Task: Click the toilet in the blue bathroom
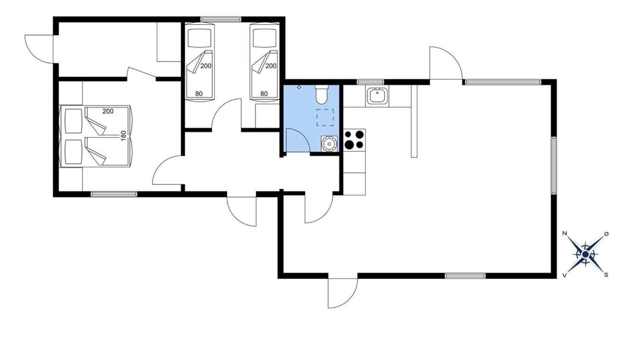pyautogui.click(x=321, y=94)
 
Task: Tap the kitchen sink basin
pyautogui.click(x=377, y=96)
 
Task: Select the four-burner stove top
pyautogui.click(x=354, y=139)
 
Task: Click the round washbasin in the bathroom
pyautogui.click(x=329, y=143)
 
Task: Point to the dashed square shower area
pyautogui.click(x=325, y=117)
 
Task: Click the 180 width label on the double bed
pyautogui.click(x=123, y=135)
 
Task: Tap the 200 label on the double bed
pyautogui.click(x=108, y=111)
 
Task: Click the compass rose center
pyautogui.click(x=585, y=254)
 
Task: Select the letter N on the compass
pyautogui.click(x=564, y=233)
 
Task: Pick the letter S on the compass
pyautogui.click(x=605, y=275)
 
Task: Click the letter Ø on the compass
pyautogui.click(x=606, y=234)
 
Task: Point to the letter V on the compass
pyautogui.click(x=564, y=275)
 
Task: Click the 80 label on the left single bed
pyautogui.click(x=199, y=93)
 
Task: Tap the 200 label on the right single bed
pyautogui.click(x=271, y=66)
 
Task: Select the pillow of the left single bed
pyautogui.click(x=199, y=37)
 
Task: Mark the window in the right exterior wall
pyautogui.click(x=553, y=165)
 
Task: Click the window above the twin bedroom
pyautogui.click(x=220, y=19)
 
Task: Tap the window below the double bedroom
pyautogui.click(x=114, y=194)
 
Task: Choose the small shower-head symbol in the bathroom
pyautogui.click(x=299, y=87)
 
